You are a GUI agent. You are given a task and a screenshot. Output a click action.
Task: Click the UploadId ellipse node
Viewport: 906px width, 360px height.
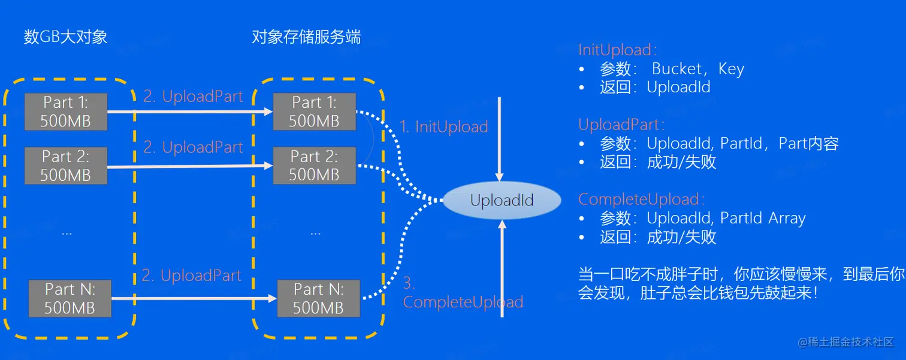pyautogui.click(x=502, y=201)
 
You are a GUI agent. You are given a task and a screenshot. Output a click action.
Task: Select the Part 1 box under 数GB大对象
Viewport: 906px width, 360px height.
pyautogui.click(x=66, y=111)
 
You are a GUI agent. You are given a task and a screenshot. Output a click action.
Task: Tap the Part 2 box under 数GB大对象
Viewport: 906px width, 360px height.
pyautogui.click(x=66, y=166)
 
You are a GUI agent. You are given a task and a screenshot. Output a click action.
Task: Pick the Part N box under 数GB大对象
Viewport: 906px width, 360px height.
pyautogui.click(x=70, y=298)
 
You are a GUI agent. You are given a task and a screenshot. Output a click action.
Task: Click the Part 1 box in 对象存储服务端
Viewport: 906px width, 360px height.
pyautogui.click(x=314, y=111)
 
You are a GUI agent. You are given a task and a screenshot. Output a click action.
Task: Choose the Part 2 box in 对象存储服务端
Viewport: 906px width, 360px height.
pyautogui.click(x=314, y=166)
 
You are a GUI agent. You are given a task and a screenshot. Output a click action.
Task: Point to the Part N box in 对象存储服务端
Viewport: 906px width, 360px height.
pyautogui.click(x=318, y=298)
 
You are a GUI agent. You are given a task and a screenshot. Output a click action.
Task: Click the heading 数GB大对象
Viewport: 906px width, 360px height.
pyautogui.click(x=66, y=37)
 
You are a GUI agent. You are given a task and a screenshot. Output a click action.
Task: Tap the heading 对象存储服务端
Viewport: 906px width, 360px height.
pyautogui.click(x=306, y=37)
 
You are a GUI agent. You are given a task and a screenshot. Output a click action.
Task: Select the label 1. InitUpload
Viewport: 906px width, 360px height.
pyautogui.click(x=443, y=127)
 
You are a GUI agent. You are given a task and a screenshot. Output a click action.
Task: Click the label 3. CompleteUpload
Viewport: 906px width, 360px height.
pyautogui.click(x=463, y=294)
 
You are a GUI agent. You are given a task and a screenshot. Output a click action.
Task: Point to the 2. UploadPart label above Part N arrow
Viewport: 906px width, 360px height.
pyautogui.click(x=192, y=276)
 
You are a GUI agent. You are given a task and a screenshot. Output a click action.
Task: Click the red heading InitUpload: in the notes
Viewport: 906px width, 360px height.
pyautogui.click(x=618, y=50)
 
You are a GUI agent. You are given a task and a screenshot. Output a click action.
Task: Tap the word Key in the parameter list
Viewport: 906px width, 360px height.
pyautogui.click(x=731, y=69)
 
